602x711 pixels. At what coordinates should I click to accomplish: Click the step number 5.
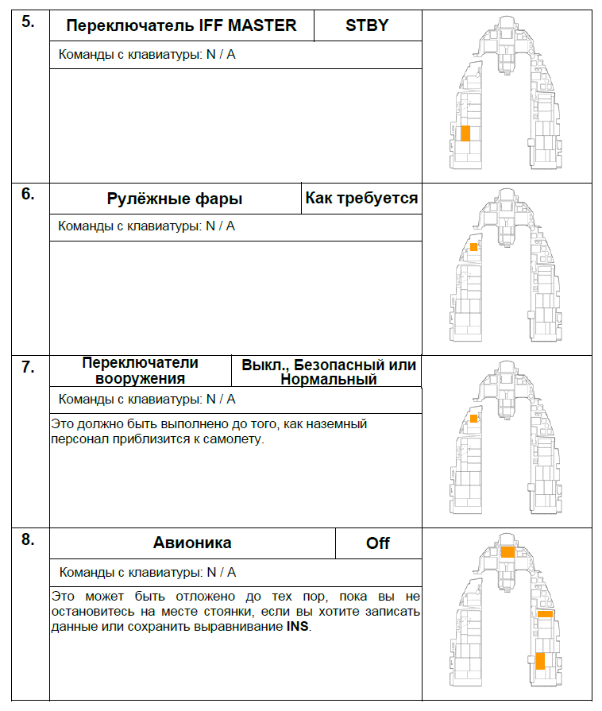(28, 21)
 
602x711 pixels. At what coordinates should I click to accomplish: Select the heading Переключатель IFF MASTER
(181, 25)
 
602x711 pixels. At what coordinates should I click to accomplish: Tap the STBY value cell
(367, 25)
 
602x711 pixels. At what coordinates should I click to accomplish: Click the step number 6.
(28, 194)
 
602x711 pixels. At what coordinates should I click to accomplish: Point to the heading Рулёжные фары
(175, 199)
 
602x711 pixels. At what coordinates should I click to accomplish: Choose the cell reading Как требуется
(361, 198)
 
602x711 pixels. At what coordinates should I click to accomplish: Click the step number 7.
(28, 367)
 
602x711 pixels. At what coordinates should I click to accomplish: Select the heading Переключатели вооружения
(141, 371)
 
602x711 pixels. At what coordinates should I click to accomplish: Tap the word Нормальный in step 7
(328, 380)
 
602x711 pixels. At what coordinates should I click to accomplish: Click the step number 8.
(28, 539)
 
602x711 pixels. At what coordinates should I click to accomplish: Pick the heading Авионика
(192, 543)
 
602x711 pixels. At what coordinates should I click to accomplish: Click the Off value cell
(378, 543)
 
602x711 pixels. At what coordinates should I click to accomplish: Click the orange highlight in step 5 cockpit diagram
(466, 133)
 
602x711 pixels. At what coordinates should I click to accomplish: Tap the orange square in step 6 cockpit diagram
(473, 247)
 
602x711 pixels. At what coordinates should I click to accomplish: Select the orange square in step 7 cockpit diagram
(473, 418)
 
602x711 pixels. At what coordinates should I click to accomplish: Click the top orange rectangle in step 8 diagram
(508, 551)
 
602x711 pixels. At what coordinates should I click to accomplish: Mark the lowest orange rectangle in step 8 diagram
(540, 661)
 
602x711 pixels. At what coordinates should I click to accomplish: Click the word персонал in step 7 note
(76, 439)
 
